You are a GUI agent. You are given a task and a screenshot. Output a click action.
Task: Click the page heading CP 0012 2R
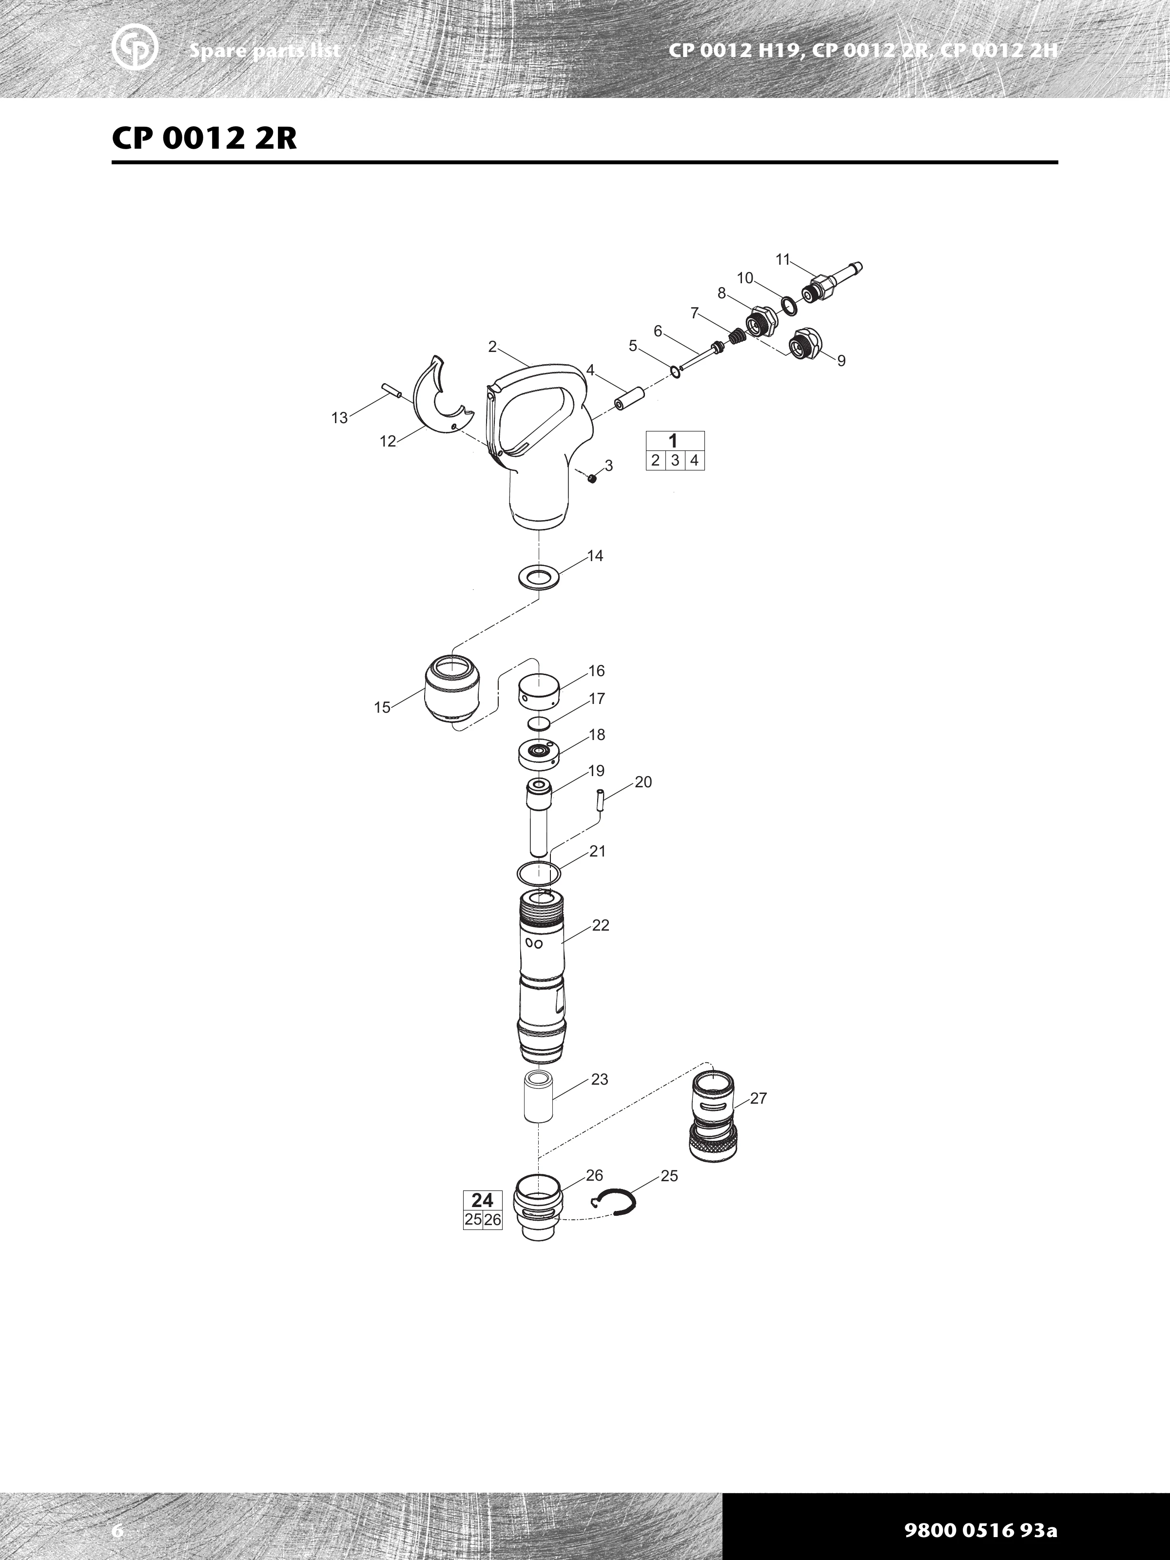click(205, 138)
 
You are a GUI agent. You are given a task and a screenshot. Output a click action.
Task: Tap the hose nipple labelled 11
click(832, 281)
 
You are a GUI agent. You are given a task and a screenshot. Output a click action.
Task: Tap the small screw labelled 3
click(592, 479)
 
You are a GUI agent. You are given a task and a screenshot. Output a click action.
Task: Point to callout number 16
click(597, 671)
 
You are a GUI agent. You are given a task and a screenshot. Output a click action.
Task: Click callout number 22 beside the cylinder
click(600, 925)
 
